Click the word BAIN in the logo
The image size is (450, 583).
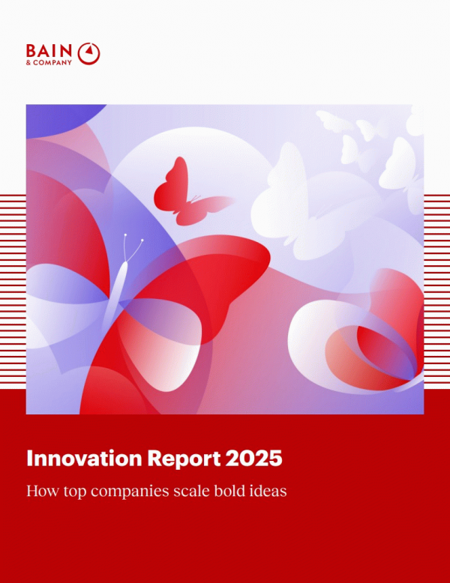point(49,50)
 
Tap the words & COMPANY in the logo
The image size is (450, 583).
point(49,62)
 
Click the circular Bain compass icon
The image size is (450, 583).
point(88,54)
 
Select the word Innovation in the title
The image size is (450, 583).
point(85,458)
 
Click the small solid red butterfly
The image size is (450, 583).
point(186,193)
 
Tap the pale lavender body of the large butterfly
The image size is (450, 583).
point(116,294)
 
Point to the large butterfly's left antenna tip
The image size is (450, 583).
point(125,235)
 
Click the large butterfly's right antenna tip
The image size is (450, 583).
point(142,241)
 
